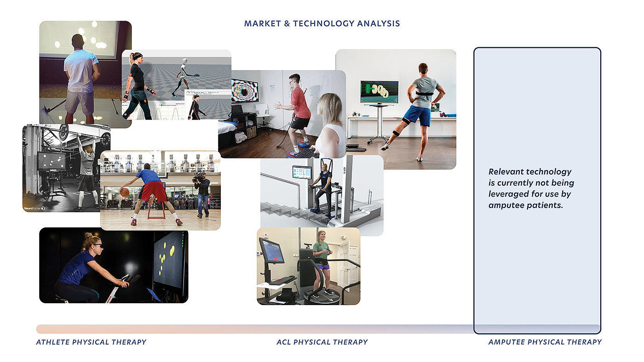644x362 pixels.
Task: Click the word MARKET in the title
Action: pos(263,23)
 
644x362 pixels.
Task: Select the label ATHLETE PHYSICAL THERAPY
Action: pos(91,342)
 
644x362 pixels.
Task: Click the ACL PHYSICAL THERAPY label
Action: pos(322,342)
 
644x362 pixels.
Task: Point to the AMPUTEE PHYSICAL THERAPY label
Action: pos(545,342)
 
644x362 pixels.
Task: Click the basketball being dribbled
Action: pos(125,192)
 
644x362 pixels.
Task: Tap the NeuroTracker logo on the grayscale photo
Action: pos(34,208)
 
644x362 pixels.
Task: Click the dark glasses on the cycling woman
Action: pos(98,245)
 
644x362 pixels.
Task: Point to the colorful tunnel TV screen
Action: pos(245,91)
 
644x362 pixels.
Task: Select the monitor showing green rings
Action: pos(379,92)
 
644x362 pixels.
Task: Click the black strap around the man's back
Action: pos(424,94)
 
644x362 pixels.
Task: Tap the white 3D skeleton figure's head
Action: pos(184,61)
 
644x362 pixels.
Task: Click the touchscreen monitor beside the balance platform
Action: pos(271,251)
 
